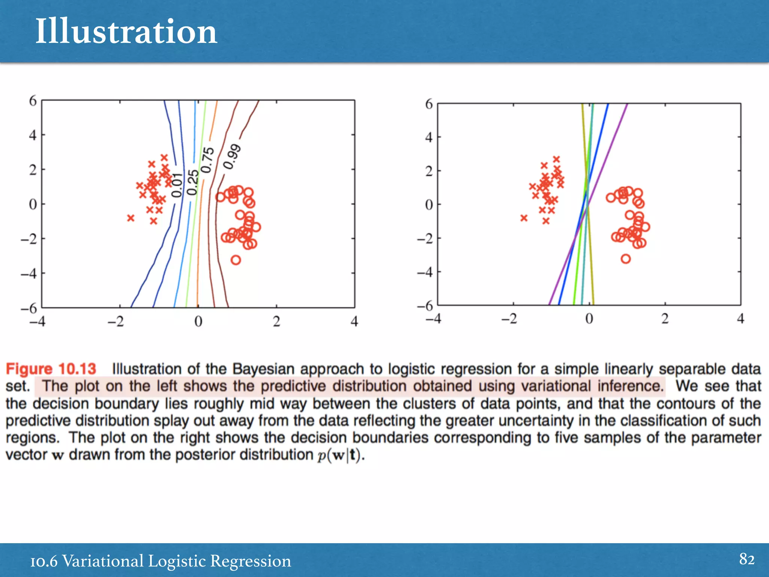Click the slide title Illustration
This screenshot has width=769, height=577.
coord(126,32)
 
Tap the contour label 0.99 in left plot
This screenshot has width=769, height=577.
coord(232,157)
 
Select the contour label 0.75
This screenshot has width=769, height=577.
coord(208,160)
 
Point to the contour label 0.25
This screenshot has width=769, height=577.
coord(193,182)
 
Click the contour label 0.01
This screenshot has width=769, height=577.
coord(177,185)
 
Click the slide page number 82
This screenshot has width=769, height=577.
coord(746,559)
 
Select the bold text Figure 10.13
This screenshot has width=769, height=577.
coord(51,369)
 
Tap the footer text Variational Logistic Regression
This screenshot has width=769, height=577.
coord(176,561)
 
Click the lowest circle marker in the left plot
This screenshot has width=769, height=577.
coord(235,260)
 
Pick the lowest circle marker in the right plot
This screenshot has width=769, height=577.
coord(626,258)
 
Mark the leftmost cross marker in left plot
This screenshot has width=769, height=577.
coord(131,218)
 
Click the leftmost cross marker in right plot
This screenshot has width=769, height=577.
coord(524,218)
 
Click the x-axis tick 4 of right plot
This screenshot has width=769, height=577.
coord(740,319)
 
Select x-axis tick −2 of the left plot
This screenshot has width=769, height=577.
coord(116,322)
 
